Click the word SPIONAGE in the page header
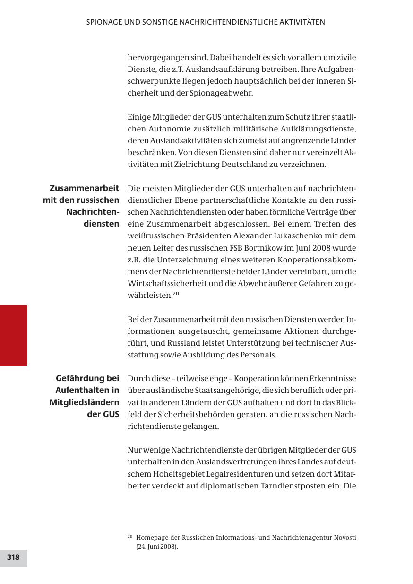(104, 22)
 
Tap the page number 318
(13, 558)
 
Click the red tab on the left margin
(14, 335)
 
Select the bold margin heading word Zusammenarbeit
(85, 188)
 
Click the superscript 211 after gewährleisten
(176, 294)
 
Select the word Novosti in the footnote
(345, 538)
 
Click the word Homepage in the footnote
(151, 538)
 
